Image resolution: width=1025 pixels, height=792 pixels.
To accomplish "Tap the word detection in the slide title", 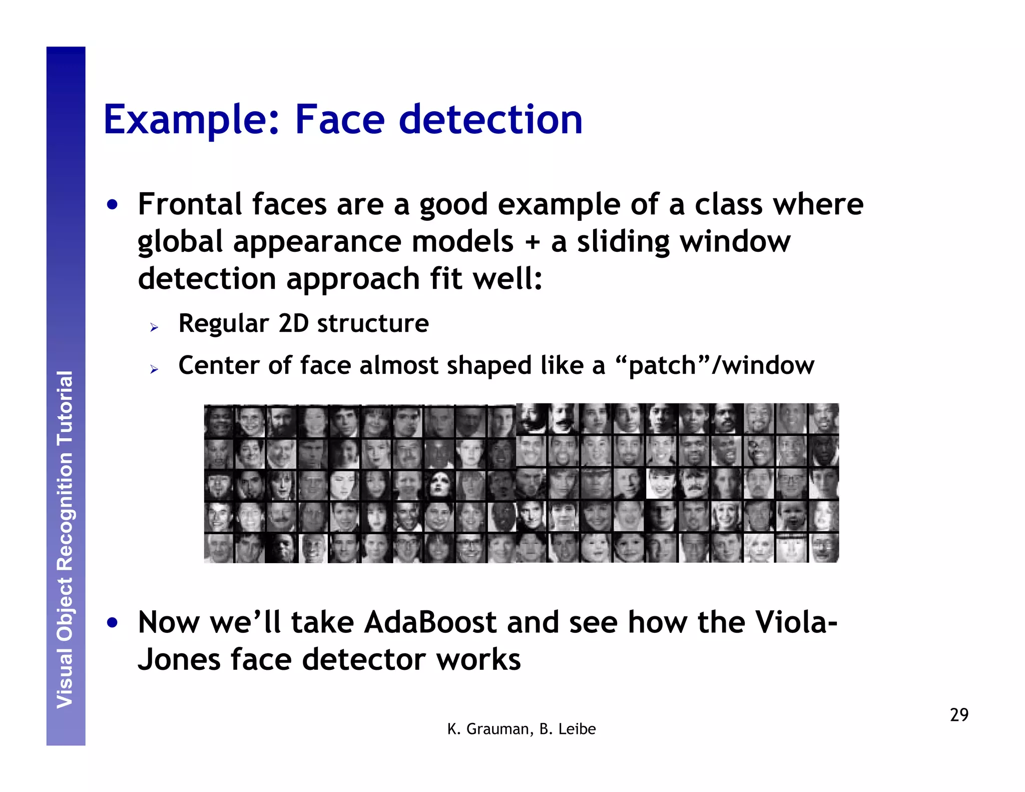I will [x=490, y=120].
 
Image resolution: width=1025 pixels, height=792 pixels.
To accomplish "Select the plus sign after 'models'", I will [x=533, y=242].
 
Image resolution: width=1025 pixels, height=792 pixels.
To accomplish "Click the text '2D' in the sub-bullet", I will [x=294, y=323].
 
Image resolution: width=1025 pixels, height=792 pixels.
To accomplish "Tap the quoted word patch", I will [x=662, y=365].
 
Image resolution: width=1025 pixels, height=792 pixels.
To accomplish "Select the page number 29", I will [x=959, y=715].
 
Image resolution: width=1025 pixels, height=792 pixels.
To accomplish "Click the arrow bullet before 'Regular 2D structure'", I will [x=154, y=328].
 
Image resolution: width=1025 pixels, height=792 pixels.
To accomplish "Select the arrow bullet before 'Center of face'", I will [x=154, y=370].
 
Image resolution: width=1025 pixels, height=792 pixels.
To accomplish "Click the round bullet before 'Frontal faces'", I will [x=113, y=205].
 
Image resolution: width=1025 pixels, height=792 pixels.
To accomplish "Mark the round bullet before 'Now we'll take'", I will [x=113, y=623].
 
